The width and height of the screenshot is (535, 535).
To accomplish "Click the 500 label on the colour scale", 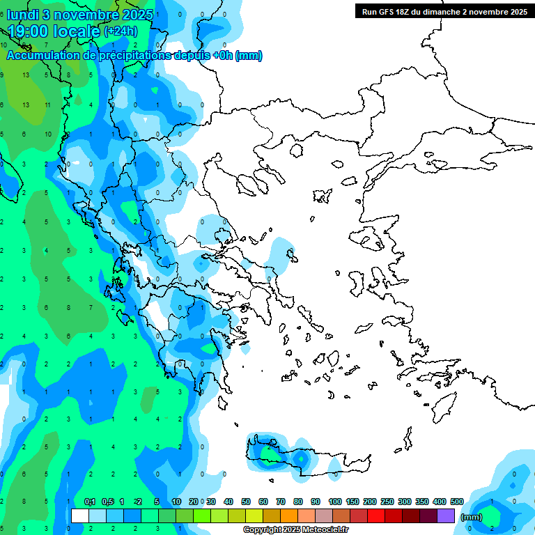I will pyautogui.click(x=457, y=502).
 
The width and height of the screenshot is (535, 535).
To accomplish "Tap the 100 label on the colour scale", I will pyautogui.click(x=335, y=502).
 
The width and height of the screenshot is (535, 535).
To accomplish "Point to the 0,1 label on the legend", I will pyautogui.click(x=90, y=502).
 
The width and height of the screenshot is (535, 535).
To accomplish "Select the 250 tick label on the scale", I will pyautogui.click(x=387, y=502).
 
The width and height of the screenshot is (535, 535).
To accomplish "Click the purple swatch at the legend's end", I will pyautogui.click(x=446, y=515).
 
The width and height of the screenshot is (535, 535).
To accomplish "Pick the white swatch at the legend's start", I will pyautogui.click(x=80, y=515).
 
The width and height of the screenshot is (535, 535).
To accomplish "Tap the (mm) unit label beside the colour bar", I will pyautogui.click(x=472, y=517).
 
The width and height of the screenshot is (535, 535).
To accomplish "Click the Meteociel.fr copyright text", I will pyautogui.click(x=296, y=530).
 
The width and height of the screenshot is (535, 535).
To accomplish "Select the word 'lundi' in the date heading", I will pyautogui.click(x=22, y=15).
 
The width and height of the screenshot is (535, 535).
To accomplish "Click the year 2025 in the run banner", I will pyautogui.click(x=516, y=12).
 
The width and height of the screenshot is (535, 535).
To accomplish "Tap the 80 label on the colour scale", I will pyautogui.click(x=298, y=502).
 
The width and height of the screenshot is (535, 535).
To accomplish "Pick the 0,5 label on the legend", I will pyautogui.click(x=107, y=502).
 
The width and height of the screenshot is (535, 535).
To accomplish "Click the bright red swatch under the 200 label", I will pyautogui.click(x=376, y=515).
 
